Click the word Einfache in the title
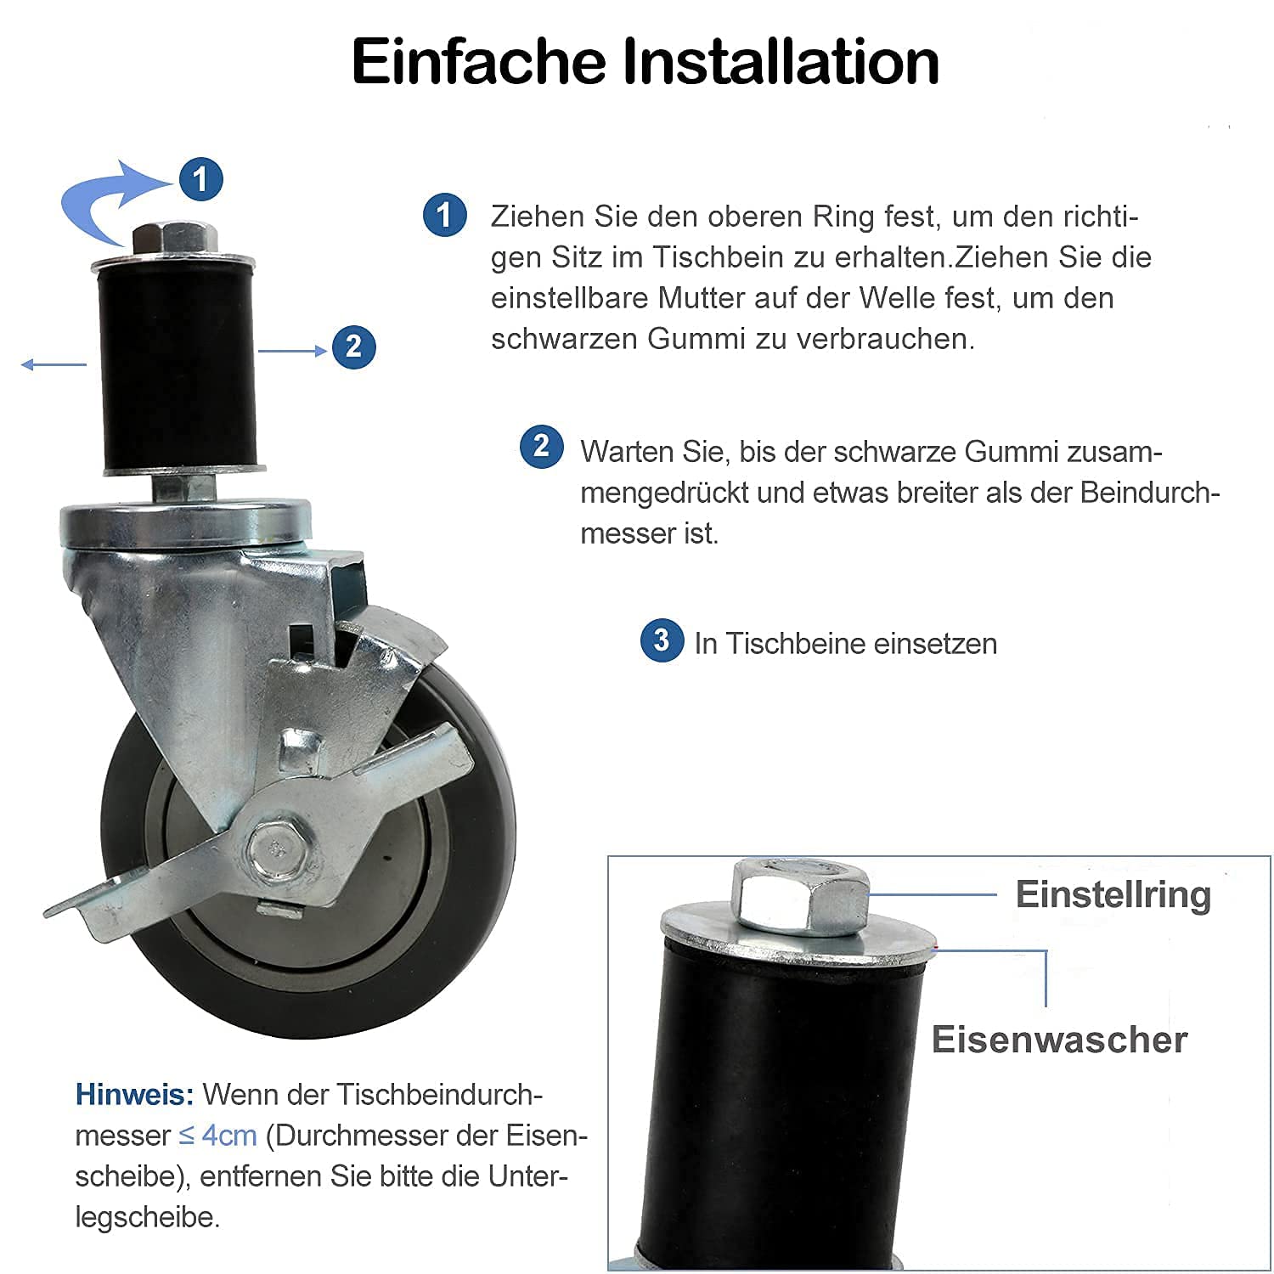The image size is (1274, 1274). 479,61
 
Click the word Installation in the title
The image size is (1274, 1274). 781,61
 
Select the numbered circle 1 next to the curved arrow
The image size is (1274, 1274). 200,179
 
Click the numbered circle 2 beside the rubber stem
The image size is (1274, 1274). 353,347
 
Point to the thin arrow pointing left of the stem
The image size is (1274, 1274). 54,364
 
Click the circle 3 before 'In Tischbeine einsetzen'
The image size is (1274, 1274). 662,640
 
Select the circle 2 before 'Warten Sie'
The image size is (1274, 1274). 541,447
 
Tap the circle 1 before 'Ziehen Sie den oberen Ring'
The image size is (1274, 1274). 445,215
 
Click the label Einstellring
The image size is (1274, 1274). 1113,894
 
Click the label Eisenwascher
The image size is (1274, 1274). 1059,1040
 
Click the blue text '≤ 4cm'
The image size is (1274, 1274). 217,1136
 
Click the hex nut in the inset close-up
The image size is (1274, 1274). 799,893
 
